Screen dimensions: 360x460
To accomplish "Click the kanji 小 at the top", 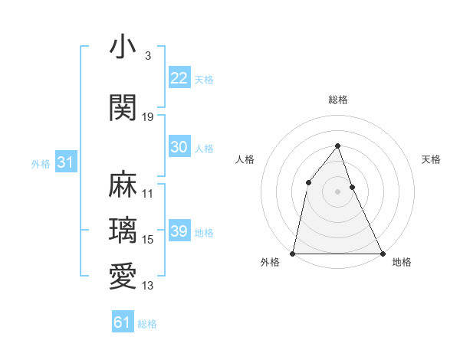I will point(123,48).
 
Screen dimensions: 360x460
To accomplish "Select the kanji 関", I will point(123,109).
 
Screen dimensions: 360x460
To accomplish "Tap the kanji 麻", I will point(123,185).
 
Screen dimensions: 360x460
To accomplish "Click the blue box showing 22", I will point(179,78).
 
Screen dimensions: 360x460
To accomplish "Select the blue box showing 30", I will point(179,147).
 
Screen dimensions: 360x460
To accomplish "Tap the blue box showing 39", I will point(179,231).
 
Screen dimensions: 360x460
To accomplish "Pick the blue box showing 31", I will point(65,162).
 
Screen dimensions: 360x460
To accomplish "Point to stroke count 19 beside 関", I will point(148,116).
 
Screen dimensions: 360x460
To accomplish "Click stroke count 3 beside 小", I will point(147,56).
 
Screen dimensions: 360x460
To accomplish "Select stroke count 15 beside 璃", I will point(148,240).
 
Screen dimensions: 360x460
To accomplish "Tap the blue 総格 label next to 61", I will point(147,324).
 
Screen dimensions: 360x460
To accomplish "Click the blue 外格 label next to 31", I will point(40,163).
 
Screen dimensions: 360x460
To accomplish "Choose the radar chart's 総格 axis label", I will point(337,100).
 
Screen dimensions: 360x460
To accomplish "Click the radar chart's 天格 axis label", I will point(431,159).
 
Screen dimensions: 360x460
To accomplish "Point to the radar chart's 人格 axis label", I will point(244,159).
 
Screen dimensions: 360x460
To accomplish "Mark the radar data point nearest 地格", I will point(382,253).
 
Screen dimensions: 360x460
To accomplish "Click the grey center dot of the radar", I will point(337,191).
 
